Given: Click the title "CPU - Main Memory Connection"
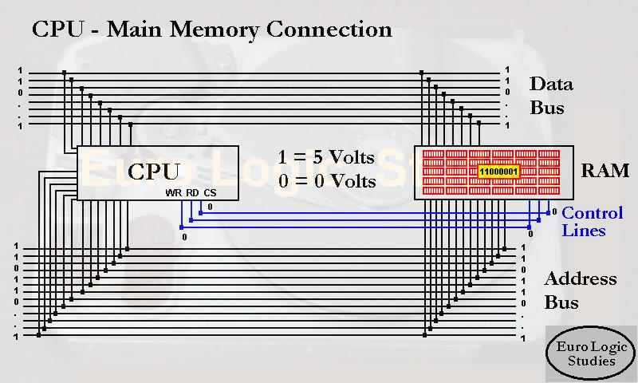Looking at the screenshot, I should (211, 30).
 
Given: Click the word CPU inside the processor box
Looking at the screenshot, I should (153, 172).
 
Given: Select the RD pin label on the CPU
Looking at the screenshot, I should (192, 193).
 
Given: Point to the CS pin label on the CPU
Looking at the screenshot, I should (210, 193).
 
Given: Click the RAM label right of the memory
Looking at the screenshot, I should (605, 171).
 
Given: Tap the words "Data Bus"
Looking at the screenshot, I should (550, 96).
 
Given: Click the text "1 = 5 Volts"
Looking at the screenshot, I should (326, 156).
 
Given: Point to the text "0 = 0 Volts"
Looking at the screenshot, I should (326, 181).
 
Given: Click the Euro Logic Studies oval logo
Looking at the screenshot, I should (591, 352).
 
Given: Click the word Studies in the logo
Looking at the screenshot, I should (591, 361).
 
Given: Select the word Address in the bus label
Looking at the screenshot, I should (580, 278).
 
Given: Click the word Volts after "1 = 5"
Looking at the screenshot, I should (348, 156).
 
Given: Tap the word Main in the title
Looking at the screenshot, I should (133, 30).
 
